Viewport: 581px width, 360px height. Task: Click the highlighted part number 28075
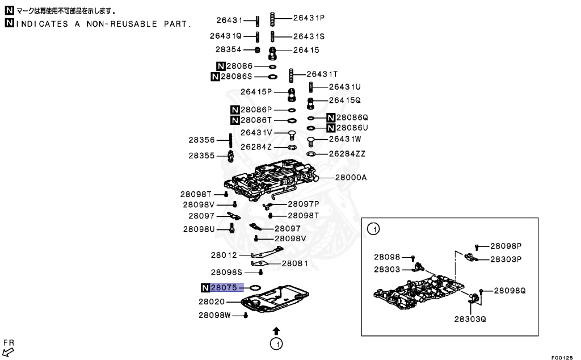[x=226, y=288]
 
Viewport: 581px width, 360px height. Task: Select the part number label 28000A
[x=350, y=178]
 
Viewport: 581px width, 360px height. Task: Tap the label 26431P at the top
[x=309, y=18]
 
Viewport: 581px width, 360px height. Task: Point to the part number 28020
[x=212, y=302]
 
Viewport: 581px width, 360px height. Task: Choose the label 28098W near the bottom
[x=214, y=315]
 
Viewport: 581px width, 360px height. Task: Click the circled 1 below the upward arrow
[x=276, y=344]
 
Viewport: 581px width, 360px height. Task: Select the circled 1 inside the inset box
[x=373, y=229]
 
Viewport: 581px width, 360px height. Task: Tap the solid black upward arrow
[x=276, y=330]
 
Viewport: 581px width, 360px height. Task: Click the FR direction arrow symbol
[x=8, y=352]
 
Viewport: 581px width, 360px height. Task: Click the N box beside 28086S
[x=215, y=77]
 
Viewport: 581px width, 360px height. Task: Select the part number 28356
[x=201, y=140]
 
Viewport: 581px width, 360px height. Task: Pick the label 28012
[x=225, y=256]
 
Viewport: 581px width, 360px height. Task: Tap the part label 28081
[x=295, y=263]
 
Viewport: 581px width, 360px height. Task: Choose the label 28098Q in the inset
[x=510, y=290]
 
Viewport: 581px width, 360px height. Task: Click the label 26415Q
[x=345, y=100]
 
